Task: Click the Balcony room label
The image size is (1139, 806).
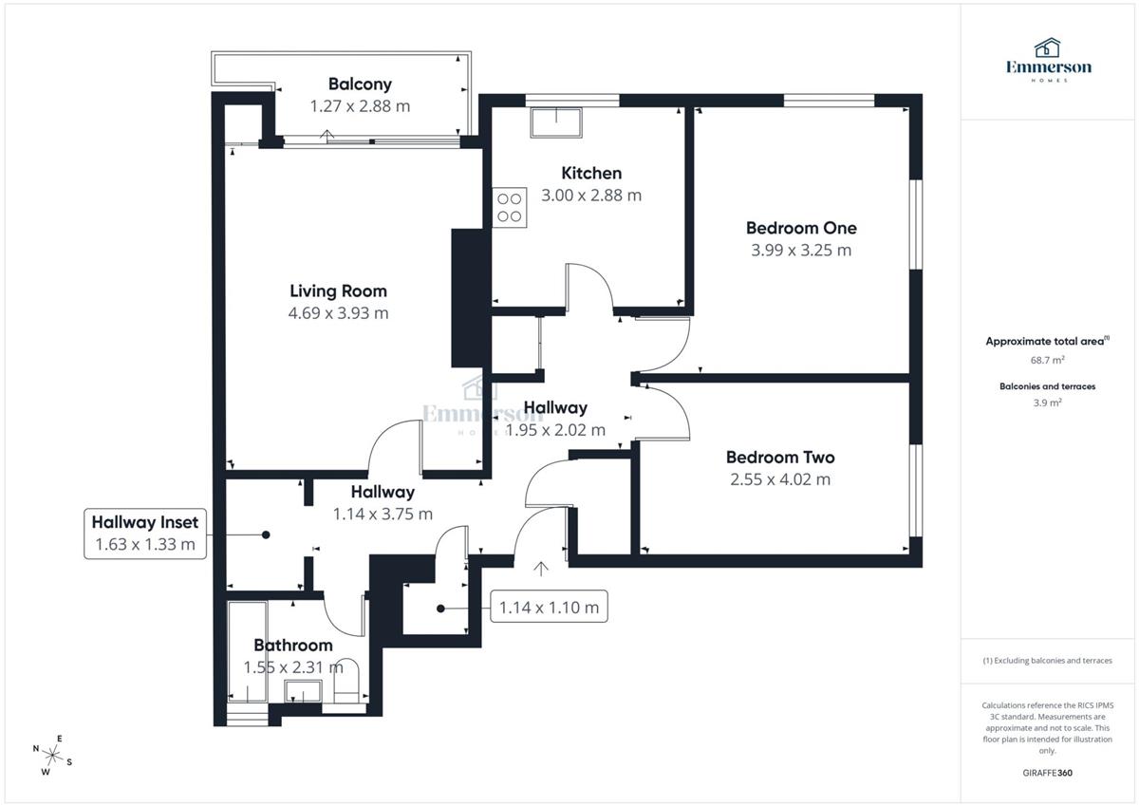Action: coord(360,84)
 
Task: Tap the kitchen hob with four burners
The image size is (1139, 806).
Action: coord(510,207)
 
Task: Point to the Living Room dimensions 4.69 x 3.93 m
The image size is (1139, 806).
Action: coord(338,313)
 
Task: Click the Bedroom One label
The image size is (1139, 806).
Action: coord(800,228)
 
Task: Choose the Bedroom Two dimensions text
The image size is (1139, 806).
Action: coord(779,479)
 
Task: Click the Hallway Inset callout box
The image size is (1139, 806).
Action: coord(145,533)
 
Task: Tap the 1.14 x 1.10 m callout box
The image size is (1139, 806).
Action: coord(550,608)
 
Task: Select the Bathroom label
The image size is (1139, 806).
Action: coord(292,646)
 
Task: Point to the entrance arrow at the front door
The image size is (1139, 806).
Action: coord(541,570)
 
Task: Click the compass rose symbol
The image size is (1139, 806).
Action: coord(53,756)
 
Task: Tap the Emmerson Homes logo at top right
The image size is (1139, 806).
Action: coord(1048,60)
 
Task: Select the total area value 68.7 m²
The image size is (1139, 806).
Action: coord(1048,360)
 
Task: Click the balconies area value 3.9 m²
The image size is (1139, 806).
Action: coord(1048,403)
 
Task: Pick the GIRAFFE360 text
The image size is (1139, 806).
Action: coord(1048,773)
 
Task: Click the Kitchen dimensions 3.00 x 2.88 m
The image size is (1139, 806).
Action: coord(590,196)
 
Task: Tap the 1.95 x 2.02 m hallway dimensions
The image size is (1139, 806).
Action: coord(555,430)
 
